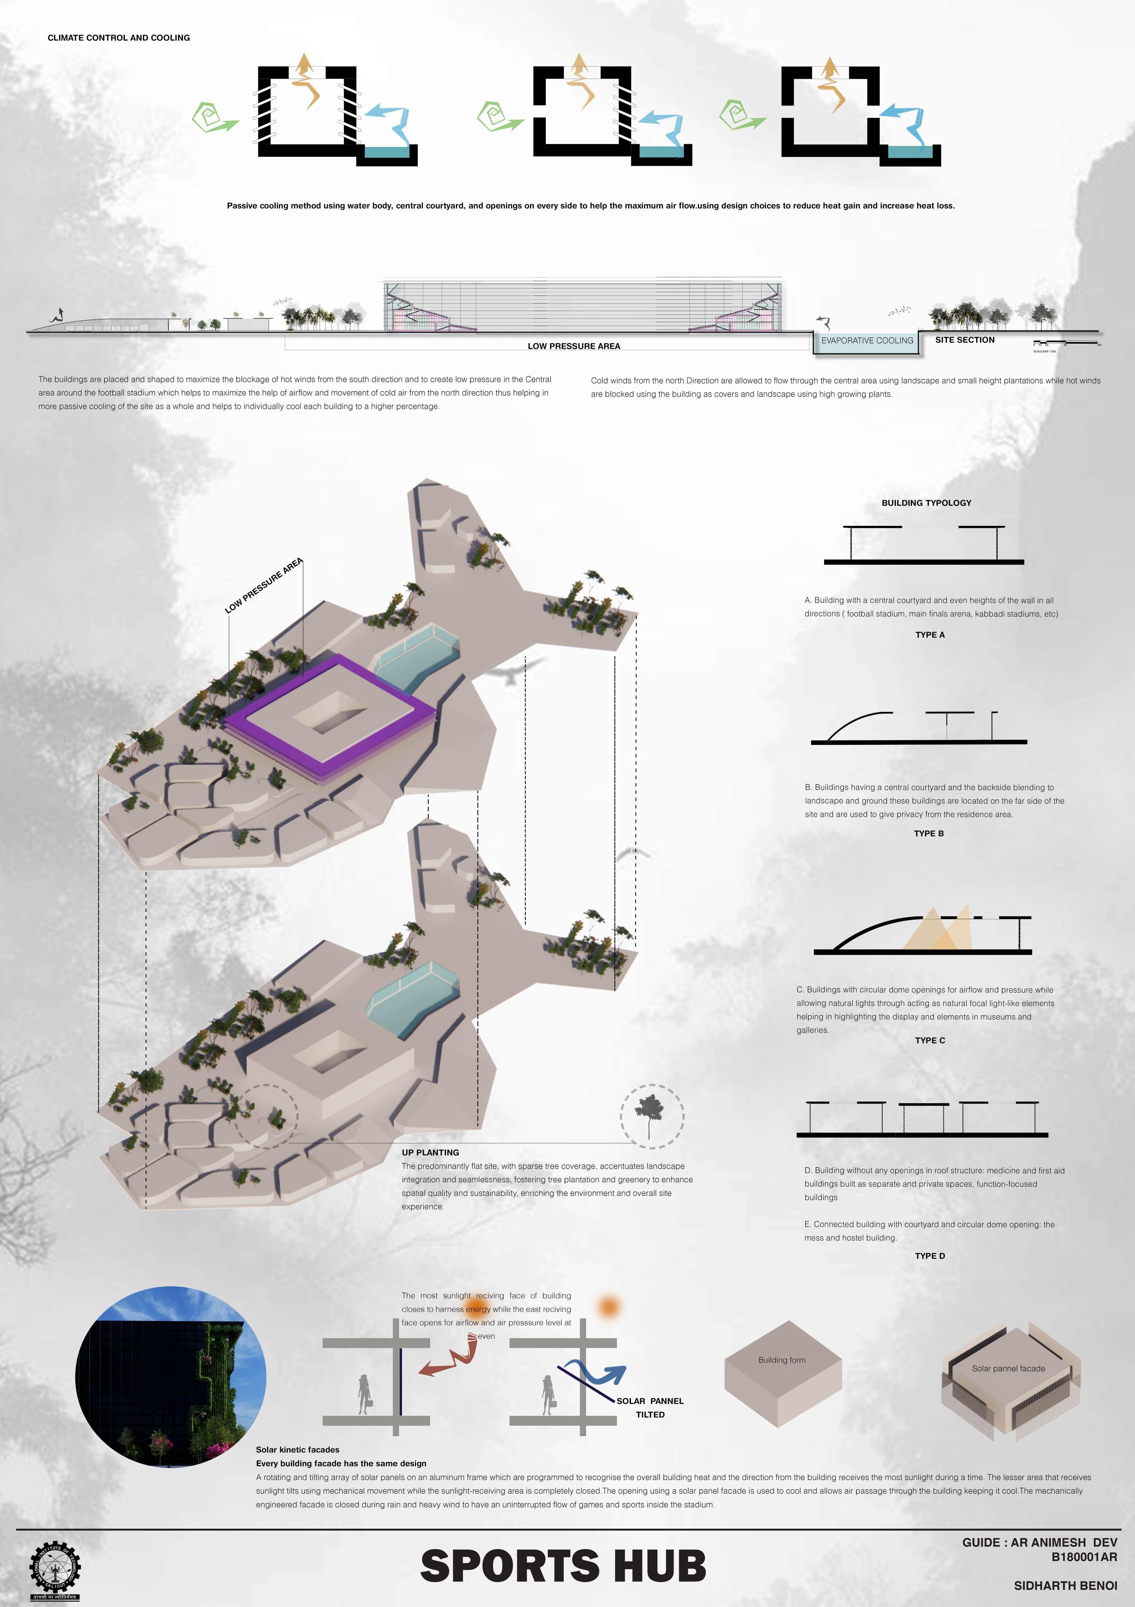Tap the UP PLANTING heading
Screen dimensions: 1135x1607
tap(430, 1152)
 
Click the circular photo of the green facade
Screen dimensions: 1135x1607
tap(171, 1377)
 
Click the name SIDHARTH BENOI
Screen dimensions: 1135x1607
tap(1065, 1585)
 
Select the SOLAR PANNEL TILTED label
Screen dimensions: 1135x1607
tap(650, 1408)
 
